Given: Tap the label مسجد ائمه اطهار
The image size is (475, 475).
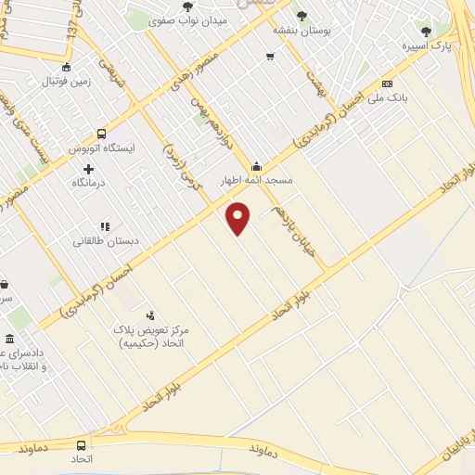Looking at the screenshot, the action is point(256,181).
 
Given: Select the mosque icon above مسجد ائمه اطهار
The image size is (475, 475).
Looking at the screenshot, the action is point(256,167).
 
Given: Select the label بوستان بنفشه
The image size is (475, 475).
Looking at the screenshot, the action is point(302,31).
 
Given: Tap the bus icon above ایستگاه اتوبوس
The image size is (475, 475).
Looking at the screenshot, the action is point(101,133).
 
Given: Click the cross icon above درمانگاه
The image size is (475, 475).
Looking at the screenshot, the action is point(89,169).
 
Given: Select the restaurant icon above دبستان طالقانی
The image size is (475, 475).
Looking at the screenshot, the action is point(105,225).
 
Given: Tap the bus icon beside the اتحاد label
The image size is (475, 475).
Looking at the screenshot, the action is point(81,446).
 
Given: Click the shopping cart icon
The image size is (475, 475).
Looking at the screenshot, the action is point(269,57).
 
